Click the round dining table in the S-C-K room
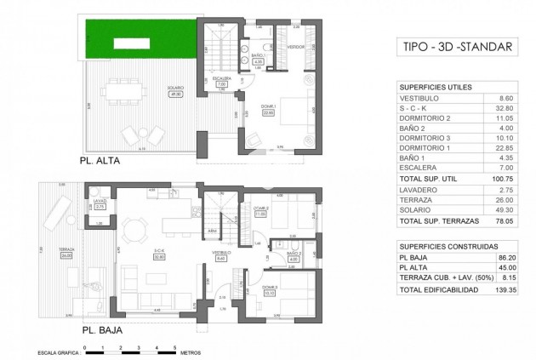click(134, 228)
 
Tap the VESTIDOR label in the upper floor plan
click(295, 47)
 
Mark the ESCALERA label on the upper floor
click(220, 82)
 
